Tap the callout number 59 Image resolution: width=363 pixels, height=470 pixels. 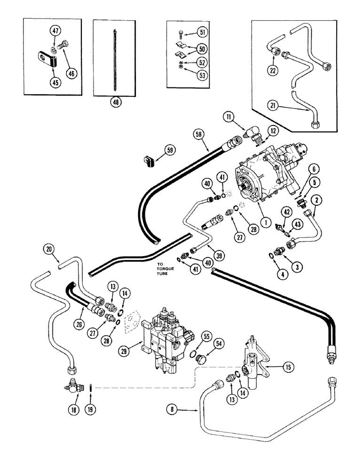point(169,150)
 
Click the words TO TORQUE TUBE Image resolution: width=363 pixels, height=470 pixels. point(167,271)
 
